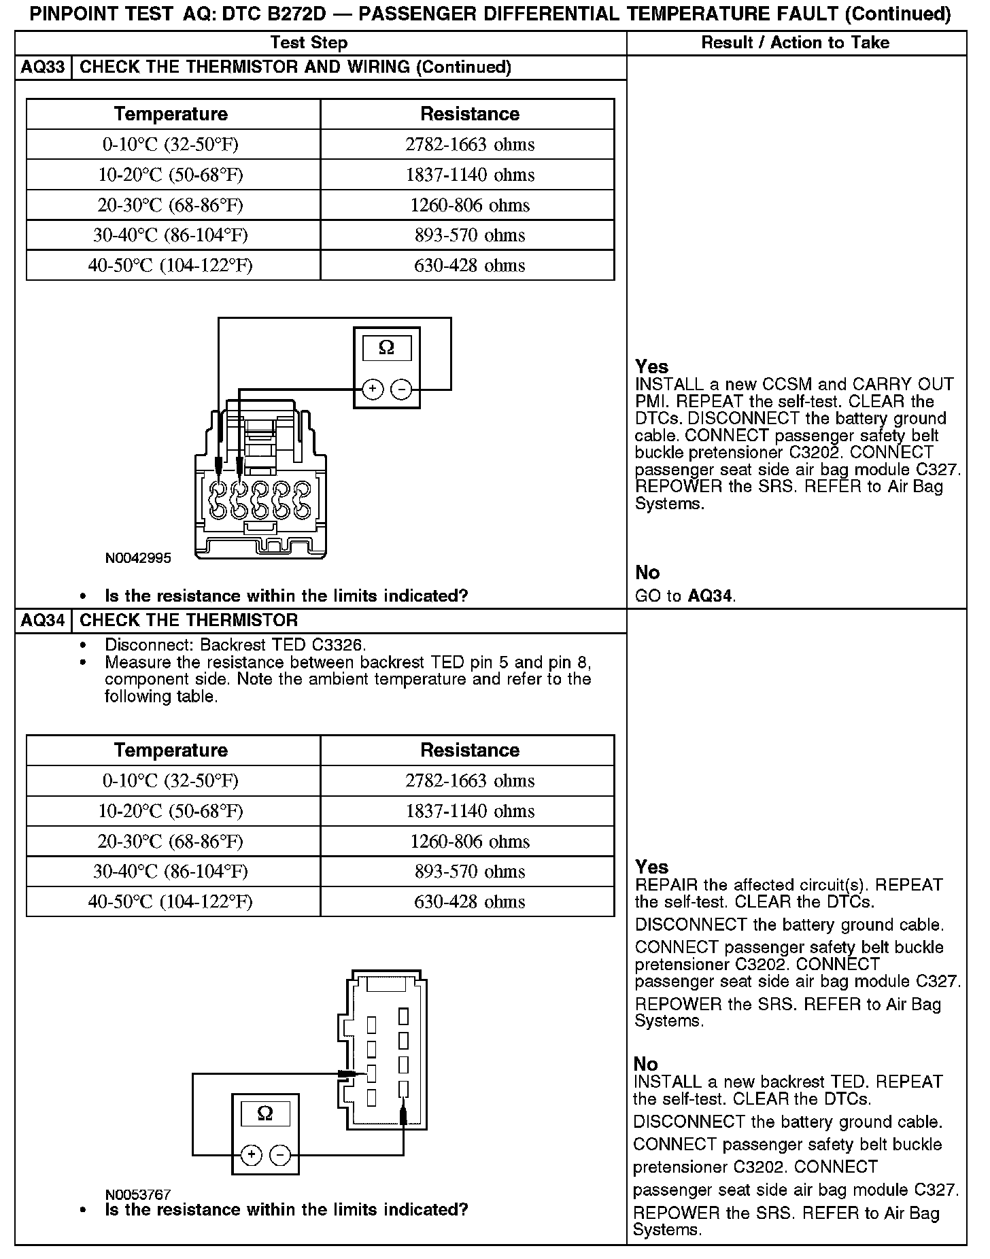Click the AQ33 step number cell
pos(44,67)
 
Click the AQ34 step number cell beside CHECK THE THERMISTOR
pos(44,621)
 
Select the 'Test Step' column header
pos(309,43)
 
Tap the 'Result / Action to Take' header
pos(795,43)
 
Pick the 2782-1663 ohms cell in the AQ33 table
pos(470,145)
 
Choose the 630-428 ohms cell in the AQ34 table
pos(470,902)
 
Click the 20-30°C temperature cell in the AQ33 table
pos(171,205)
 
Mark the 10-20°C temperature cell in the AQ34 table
pos(171,811)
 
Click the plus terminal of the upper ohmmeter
pos(373,390)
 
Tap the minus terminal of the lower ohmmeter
pos(280,1154)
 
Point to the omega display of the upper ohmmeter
pos(386,348)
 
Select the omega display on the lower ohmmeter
pos(265,1114)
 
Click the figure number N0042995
pos(138,559)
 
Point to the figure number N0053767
pos(138,1194)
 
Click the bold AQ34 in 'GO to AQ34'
pos(710,597)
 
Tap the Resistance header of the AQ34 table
pos(470,751)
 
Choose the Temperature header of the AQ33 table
pos(171,114)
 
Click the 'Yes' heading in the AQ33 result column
pos(651,367)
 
